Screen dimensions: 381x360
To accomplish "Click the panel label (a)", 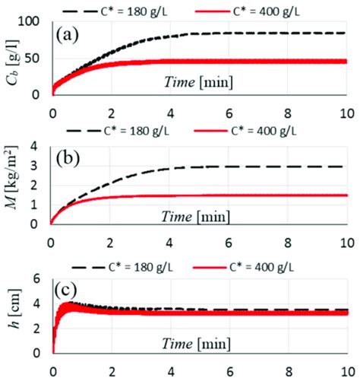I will (70, 34).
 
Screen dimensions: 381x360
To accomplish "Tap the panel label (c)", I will (70, 290).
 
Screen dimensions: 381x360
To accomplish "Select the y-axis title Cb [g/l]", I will (14, 61).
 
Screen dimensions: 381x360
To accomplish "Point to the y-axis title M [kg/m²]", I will (14, 187).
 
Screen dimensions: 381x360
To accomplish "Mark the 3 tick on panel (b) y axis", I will (38, 166).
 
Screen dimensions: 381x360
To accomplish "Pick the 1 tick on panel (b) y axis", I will (38, 205).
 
